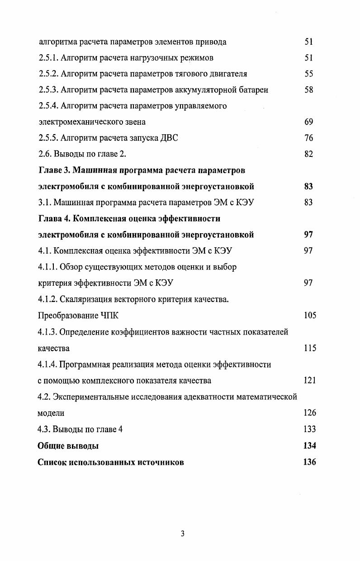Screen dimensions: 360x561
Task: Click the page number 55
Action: pos(309,74)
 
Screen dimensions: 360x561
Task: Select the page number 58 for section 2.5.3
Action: pos(309,90)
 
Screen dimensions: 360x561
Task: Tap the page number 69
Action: pos(309,122)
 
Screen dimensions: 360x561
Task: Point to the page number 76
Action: pos(309,138)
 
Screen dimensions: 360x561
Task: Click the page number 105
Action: pos(310,316)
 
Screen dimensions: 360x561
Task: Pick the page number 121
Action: pos(310,380)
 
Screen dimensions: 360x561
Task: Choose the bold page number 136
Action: pos(310,462)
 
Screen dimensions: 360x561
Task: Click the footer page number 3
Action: pos(183,533)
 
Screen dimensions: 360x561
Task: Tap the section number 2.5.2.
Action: pos(48,74)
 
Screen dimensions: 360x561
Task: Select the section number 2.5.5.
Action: pos(48,138)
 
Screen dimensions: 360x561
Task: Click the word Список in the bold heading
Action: pos(52,462)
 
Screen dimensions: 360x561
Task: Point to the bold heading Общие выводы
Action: pos(68,446)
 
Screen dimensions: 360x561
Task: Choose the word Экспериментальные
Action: pos(94,397)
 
